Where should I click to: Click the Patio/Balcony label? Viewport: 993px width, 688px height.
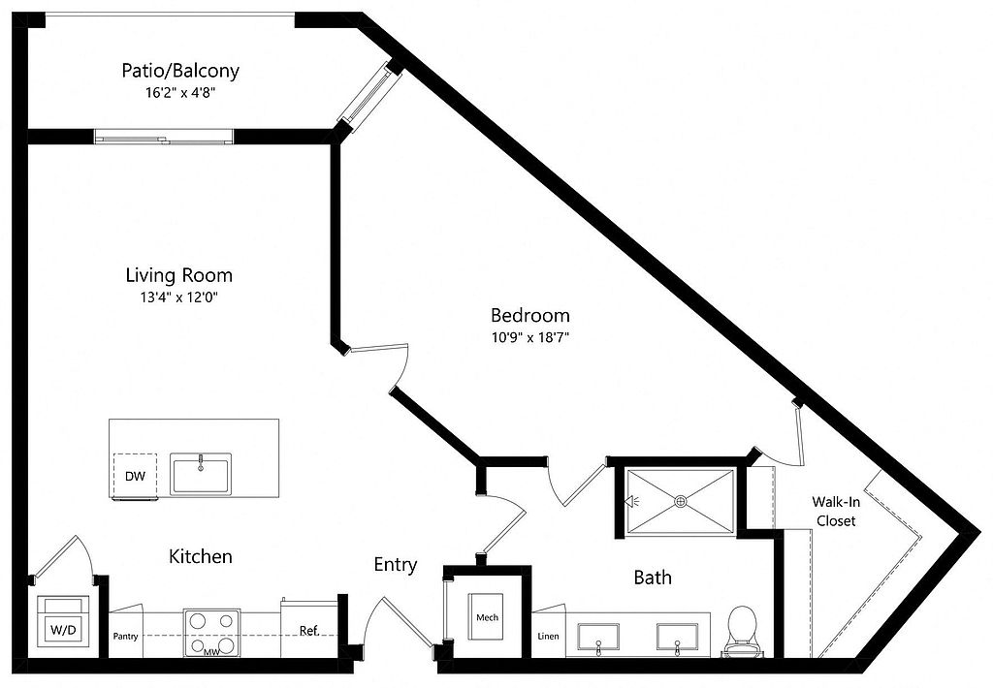[180, 70]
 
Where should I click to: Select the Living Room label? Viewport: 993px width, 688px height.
[179, 275]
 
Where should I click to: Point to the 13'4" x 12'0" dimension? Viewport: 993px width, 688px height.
[179, 297]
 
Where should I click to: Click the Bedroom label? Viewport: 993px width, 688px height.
[530, 315]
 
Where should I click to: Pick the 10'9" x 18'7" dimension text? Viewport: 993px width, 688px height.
[530, 337]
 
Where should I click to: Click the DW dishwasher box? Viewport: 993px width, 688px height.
[135, 477]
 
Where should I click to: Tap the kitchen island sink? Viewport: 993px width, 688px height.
[201, 474]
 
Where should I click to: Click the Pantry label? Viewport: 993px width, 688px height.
[125, 636]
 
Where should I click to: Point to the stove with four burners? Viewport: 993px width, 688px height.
[212, 633]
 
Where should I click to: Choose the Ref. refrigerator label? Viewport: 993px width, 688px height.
[309, 631]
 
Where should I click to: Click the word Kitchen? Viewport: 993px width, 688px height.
[201, 556]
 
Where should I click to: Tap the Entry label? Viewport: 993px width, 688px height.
[396, 565]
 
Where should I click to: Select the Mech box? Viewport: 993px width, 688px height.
[487, 617]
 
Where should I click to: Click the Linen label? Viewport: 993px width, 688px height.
[549, 636]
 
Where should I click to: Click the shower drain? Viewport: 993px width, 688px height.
[681, 501]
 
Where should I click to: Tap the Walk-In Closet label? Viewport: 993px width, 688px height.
[836, 512]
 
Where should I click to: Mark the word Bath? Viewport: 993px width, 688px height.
[653, 578]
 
